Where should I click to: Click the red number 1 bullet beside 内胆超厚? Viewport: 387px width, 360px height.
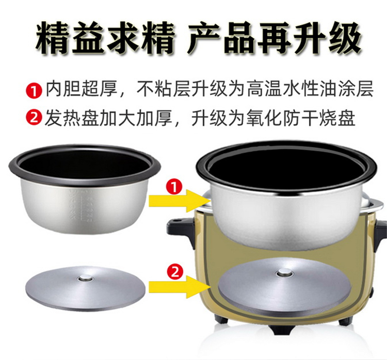tap(33, 91)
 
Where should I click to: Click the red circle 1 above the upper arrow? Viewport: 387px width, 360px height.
tap(174, 187)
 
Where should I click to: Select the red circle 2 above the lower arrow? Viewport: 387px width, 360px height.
tap(175, 272)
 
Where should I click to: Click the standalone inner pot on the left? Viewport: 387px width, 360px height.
tap(85, 189)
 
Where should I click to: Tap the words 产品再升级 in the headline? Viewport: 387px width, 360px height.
tap(274, 38)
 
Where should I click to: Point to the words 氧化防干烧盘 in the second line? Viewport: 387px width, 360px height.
tap(301, 118)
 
